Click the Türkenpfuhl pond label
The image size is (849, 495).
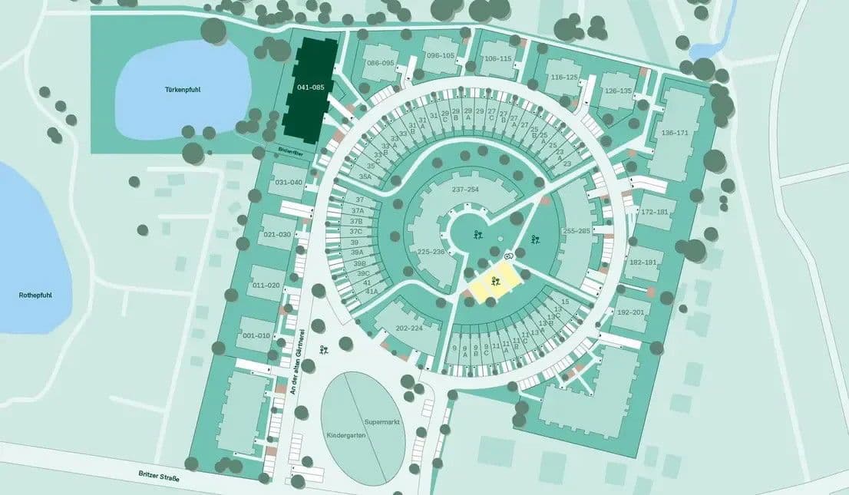click(x=182, y=89)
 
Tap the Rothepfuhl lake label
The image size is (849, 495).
click(x=36, y=294)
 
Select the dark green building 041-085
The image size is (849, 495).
click(x=310, y=87)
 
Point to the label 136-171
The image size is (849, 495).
click(x=675, y=133)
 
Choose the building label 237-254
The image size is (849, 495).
click(x=465, y=190)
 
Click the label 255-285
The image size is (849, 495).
click(x=576, y=230)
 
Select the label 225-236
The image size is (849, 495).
click(x=431, y=251)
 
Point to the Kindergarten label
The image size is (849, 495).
click(x=346, y=434)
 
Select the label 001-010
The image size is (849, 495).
click(x=256, y=335)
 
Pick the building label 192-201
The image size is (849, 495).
click(x=631, y=312)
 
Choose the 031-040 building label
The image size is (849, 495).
click(x=289, y=182)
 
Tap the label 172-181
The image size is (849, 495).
click(x=655, y=211)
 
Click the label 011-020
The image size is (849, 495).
click(x=267, y=285)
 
